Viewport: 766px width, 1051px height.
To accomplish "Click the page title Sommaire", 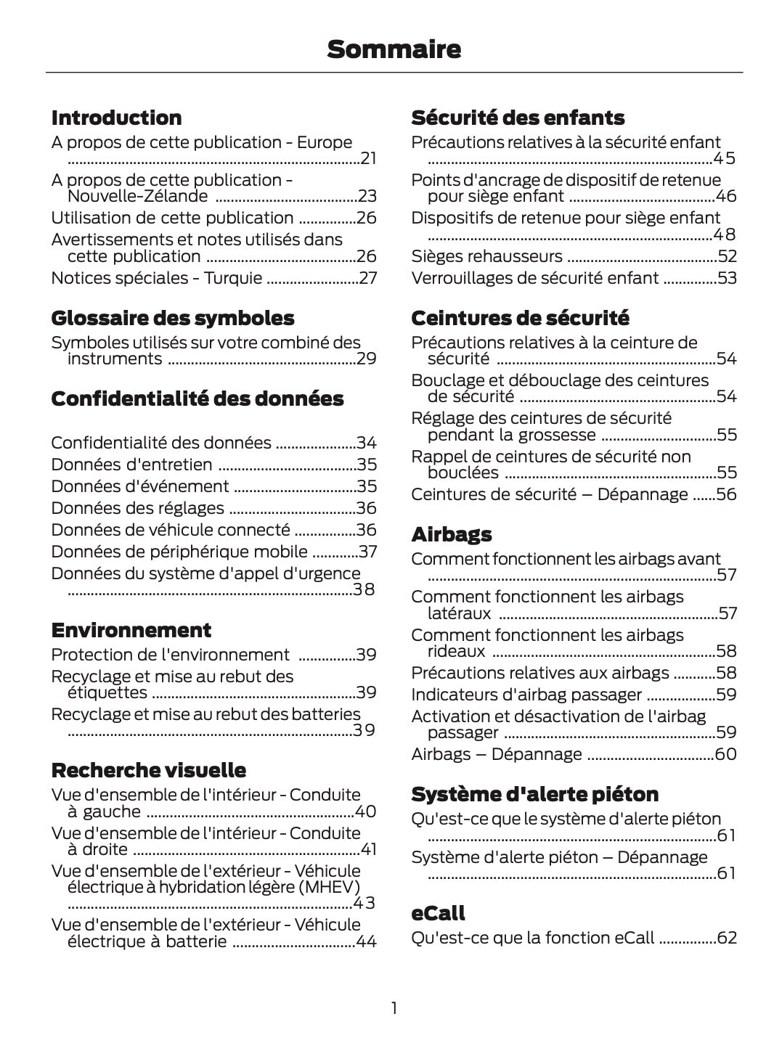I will pyautogui.click(x=394, y=49).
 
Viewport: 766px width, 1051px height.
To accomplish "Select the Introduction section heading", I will pyautogui.click(x=116, y=118).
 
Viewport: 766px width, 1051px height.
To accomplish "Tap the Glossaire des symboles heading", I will pyautogui.click(x=172, y=318).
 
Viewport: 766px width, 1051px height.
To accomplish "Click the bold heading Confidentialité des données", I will pyautogui.click(x=197, y=398).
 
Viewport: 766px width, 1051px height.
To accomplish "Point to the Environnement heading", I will pyautogui.click(x=131, y=630).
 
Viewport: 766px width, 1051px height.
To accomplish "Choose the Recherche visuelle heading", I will pyautogui.click(x=148, y=770).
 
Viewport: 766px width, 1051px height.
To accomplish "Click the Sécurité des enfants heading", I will pyautogui.click(x=517, y=118).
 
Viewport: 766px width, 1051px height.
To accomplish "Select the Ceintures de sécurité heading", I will pyautogui.click(x=520, y=318).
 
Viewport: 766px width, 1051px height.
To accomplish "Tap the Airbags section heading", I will pyautogui.click(x=451, y=534).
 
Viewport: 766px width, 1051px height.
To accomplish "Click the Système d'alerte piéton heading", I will pyautogui.click(x=534, y=794).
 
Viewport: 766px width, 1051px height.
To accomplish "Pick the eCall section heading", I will pyautogui.click(x=438, y=913).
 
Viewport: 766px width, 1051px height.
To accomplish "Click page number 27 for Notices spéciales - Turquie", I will pyautogui.click(x=368, y=278).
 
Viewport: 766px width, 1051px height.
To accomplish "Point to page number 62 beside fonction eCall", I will pyautogui.click(x=727, y=938).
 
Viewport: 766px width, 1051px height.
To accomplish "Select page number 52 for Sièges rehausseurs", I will pyautogui.click(x=727, y=256).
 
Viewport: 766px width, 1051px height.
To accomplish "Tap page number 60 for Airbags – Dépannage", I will pyautogui.click(x=726, y=754).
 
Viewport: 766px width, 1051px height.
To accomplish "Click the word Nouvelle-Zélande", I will pyautogui.click(x=137, y=196).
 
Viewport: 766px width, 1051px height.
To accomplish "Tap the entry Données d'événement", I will pyautogui.click(x=140, y=486).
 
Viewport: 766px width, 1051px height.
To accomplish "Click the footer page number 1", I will pyautogui.click(x=394, y=1008).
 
